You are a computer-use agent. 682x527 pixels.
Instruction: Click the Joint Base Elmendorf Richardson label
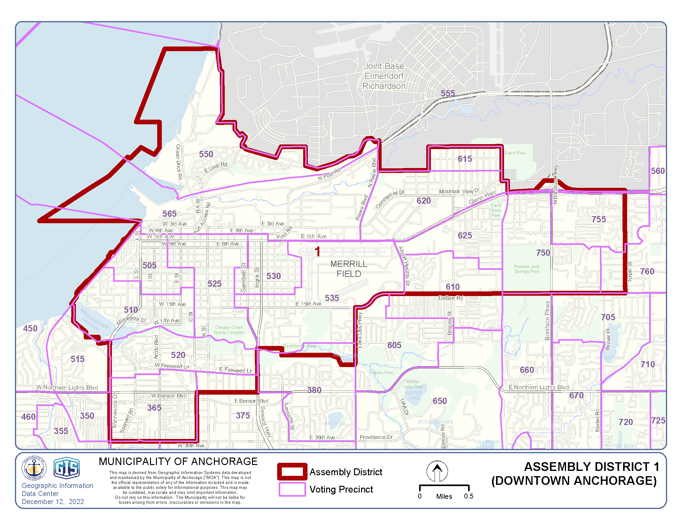click(384, 76)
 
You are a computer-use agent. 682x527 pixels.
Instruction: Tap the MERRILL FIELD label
click(348, 269)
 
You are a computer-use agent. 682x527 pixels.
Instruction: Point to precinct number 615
click(465, 159)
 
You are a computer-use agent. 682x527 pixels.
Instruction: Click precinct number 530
click(273, 276)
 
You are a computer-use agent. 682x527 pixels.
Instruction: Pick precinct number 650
click(440, 401)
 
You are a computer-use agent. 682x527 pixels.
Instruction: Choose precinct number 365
click(154, 408)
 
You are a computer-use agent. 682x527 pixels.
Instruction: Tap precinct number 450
click(30, 328)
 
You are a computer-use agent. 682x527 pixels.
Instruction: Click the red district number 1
click(317, 251)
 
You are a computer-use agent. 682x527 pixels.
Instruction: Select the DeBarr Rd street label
click(450, 298)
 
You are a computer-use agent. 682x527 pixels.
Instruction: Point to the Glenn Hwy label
click(482, 198)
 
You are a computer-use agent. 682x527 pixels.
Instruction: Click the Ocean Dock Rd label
click(179, 162)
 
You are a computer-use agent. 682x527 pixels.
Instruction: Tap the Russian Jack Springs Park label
click(527, 269)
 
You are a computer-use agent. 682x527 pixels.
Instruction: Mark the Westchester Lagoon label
click(94, 319)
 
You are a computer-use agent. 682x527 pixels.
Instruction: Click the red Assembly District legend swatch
click(292, 472)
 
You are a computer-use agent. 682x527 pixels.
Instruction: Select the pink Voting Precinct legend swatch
click(292, 489)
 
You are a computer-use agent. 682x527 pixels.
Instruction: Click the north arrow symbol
click(437, 471)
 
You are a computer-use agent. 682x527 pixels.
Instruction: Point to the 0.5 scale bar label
click(468, 496)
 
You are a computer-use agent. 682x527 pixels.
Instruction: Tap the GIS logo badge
click(67, 468)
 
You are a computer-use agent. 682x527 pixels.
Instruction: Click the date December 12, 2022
click(53, 502)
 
